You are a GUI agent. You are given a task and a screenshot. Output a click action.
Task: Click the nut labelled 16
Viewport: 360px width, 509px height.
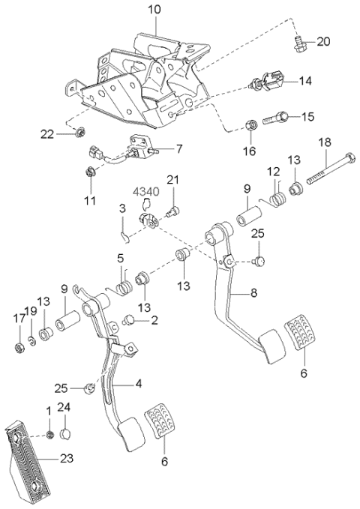coord(252,125)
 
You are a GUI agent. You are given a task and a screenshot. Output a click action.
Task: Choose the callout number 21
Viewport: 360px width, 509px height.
coord(173,179)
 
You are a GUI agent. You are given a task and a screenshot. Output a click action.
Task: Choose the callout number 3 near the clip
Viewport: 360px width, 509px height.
coord(123,208)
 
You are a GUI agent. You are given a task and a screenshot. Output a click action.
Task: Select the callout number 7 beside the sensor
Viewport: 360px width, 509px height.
coord(178,148)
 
